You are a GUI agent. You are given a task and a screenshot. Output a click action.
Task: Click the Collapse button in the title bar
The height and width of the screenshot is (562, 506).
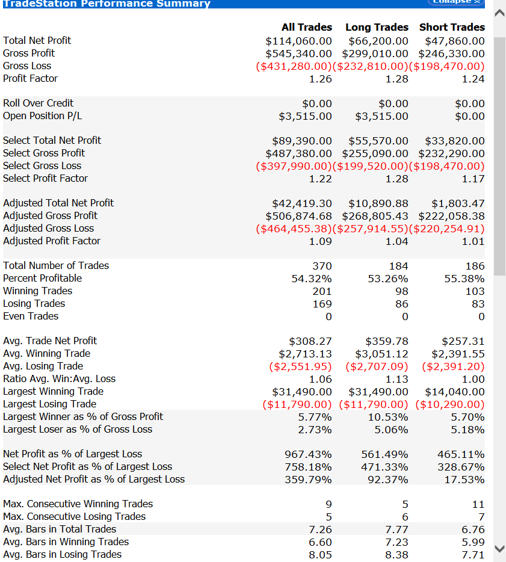click(x=457, y=2)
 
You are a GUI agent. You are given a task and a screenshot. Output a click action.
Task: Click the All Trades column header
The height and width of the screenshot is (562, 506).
click(x=306, y=27)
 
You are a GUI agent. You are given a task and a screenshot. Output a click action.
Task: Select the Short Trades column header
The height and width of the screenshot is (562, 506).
click(x=452, y=27)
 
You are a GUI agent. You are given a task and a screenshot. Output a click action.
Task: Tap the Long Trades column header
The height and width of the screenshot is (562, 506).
click(x=377, y=27)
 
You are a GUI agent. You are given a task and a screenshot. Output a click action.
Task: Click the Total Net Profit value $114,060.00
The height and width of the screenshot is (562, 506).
click(x=298, y=41)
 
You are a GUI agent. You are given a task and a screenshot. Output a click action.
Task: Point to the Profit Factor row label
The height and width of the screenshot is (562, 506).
click(x=31, y=78)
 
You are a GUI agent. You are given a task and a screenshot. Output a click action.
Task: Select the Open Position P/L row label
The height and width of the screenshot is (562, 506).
click(x=42, y=116)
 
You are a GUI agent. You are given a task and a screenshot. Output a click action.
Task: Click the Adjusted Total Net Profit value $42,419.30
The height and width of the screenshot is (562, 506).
click(x=302, y=203)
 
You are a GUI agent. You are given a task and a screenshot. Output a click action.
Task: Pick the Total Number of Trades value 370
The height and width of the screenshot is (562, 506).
click(x=322, y=266)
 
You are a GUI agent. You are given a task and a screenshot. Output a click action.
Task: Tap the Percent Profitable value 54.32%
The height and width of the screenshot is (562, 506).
click(x=312, y=279)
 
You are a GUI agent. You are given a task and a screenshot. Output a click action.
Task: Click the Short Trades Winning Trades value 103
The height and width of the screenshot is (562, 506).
click(x=475, y=291)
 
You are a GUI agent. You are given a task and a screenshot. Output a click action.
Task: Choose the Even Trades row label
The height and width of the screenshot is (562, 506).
click(x=31, y=316)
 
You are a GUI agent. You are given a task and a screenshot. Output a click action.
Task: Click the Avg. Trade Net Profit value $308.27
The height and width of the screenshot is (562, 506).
click(x=310, y=341)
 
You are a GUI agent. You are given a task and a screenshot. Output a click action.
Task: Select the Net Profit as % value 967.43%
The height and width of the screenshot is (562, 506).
click(x=308, y=454)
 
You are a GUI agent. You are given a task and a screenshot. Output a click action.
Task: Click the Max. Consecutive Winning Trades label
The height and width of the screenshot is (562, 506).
click(x=78, y=504)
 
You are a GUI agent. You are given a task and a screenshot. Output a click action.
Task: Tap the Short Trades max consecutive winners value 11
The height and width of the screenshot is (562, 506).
click(x=478, y=504)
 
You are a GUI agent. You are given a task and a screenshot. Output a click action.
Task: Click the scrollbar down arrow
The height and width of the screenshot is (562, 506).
click(x=499, y=548)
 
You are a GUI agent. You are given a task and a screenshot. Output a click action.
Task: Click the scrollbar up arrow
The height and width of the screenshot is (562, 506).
click(x=499, y=13)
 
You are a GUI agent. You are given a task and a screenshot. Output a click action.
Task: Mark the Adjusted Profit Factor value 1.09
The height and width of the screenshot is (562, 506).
click(x=320, y=241)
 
